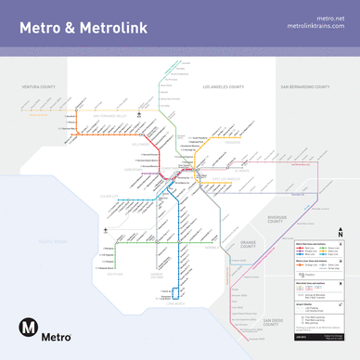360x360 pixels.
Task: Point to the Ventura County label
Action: (x=40, y=86)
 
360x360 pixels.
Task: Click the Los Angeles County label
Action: (x=223, y=86)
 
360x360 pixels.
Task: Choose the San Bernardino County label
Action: (x=305, y=86)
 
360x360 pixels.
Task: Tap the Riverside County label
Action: (x=275, y=219)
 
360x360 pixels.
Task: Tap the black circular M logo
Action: (x=29, y=327)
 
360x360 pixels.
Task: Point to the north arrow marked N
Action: (x=341, y=234)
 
